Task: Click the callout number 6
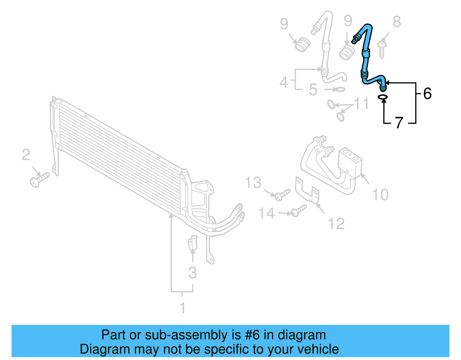pos(427,93)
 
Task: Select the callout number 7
pos(399,122)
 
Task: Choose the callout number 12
pos(336,223)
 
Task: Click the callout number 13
pos(253,182)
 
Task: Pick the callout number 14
pos(267,213)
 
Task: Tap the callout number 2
pos(26,155)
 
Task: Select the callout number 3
pos(192,273)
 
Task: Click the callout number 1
pos(182,308)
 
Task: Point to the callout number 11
pos(362,103)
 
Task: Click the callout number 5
pos(313,89)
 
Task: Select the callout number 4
pos(284,82)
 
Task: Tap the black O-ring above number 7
pos(383,97)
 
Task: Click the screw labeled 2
pos(39,180)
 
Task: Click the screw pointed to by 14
pos(298,211)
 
